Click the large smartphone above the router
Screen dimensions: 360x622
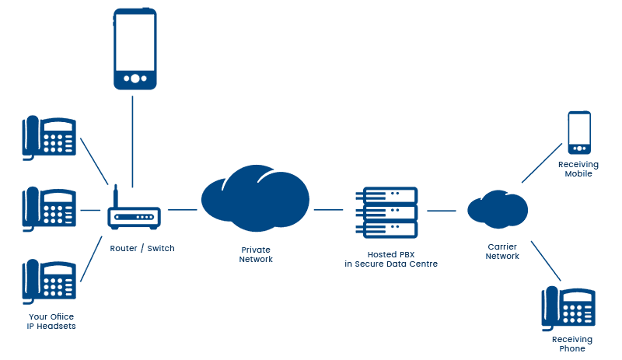coord(135,50)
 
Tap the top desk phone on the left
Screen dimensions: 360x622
coord(49,138)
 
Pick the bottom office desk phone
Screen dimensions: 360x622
coord(49,281)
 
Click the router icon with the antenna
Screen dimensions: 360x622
coord(133,215)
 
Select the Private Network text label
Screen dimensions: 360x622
coord(256,255)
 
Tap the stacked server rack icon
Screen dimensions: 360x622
coord(386,212)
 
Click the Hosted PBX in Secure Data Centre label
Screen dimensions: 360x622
coord(391,260)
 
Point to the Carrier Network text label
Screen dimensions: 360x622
coord(501,251)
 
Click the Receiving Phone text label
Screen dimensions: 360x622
coord(571,344)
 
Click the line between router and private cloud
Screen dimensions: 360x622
coord(182,209)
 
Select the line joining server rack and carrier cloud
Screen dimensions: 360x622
coord(441,210)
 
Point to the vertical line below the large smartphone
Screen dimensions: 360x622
coord(134,140)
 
